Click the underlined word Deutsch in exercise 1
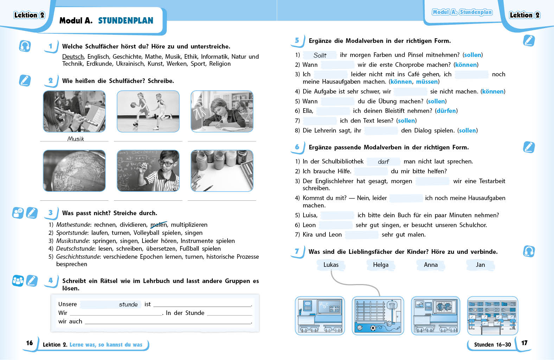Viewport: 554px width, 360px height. click(x=73, y=57)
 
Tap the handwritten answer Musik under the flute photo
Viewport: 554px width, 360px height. click(x=76, y=139)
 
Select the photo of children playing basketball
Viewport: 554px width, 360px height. click(x=148, y=111)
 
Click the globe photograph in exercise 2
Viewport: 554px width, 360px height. click(x=74, y=171)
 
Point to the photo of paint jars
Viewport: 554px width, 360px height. click(x=222, y=171)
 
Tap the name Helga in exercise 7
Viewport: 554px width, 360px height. click(x=381, y=265)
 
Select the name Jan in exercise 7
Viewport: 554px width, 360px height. click(x=480, y=265)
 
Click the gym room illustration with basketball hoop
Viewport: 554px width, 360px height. click(x=378, y=316)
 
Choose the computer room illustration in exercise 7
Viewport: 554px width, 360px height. click(x=492, y=316)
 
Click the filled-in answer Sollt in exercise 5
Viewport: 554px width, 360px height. click(x=320, y=55)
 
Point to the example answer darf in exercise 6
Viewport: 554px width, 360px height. click(x=383, y=162)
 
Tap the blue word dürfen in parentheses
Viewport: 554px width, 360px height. click(x=446, y=111)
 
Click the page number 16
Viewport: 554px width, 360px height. click(x=30, y=343)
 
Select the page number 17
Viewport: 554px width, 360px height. click(x=524, y=343)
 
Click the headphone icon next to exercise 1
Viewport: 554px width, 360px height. click(x=25, y=46)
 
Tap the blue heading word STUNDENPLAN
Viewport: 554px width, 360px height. click(x=126, y=21)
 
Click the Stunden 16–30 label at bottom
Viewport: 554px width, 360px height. click(x=492, y=345)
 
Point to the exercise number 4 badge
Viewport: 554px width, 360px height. click(x=51, y=281)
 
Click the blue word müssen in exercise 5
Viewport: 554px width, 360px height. click(x=427, y=82)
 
